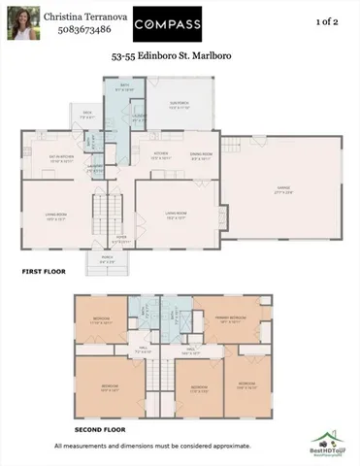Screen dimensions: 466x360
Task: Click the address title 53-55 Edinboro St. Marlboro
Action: click(180, 68)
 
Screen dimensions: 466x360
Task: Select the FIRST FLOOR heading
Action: click(44, 272)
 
